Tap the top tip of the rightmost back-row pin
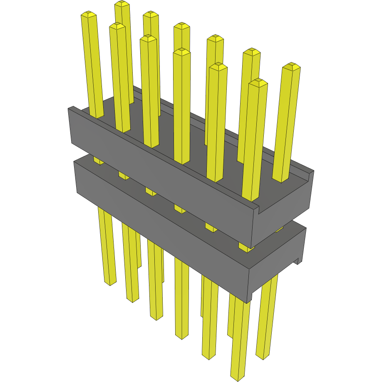pyautogui.click(x=291, y=66)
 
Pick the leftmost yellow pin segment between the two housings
pyautogui.click(x=98, y=161)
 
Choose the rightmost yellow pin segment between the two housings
pyautogui.click(x=279, y=228)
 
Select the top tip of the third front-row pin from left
pyautogui.click(x=149, y=38)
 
